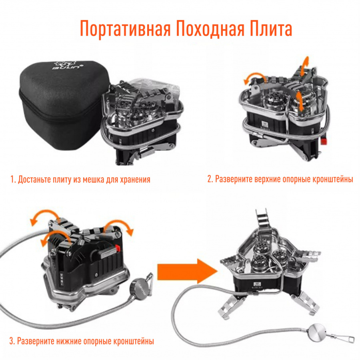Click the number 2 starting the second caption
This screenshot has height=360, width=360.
tap(209, 179)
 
